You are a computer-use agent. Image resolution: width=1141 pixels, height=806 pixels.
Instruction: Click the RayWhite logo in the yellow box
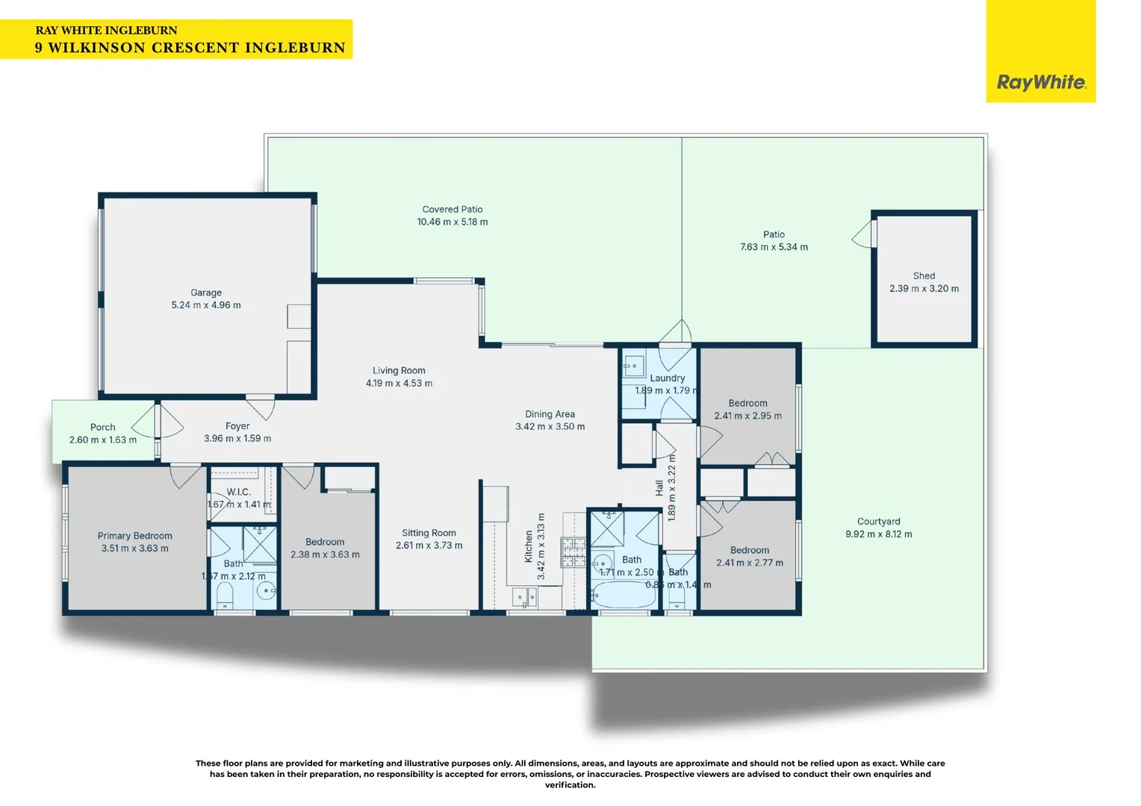pyautogui.click(x=1040, y=82)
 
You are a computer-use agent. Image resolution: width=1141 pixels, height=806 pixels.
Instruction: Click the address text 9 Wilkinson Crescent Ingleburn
pyautogui.click(x=190, y=48)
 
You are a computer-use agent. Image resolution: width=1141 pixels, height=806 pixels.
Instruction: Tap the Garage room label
pyautogui.click(x=206, y=293)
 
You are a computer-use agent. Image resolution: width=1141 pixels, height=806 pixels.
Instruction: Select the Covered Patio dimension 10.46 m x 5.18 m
pyautogui.click(x=453, y=222)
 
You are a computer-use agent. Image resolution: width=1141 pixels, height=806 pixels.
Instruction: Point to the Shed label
pyautogui.click(x=924, y=275)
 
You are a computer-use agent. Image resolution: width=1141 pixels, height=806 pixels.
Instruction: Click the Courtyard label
pyautogui.click(x=878, y=522)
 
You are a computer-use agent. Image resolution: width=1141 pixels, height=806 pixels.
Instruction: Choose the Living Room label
pyautogui.click(x=399, y=370)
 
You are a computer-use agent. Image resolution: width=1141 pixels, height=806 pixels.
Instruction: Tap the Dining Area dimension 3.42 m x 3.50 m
pyautogui.click(x=550, y=427)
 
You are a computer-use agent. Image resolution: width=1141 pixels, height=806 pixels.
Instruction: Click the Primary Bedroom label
pyautogui.click(x=134, y=536)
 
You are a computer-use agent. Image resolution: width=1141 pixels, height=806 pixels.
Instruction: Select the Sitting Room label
pyautogui.click(x=429, y=533)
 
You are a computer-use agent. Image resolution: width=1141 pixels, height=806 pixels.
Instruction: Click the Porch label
pyautogui.click(x=103, y=428)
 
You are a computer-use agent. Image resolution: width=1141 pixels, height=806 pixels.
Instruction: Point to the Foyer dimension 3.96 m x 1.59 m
pyautogui.click(x=237, y=439)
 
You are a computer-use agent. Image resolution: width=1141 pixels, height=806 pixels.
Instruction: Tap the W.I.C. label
pyautogui.click(x=238, y=492)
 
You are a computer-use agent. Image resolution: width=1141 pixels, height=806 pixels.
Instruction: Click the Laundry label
pyautogui.click(x=667, y=378)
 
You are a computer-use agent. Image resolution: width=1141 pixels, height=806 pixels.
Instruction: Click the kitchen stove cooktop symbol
pyautogui.click(x=573, y=552)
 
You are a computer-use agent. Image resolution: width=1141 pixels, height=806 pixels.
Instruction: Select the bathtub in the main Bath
pyautogui.click(x=623, y=595)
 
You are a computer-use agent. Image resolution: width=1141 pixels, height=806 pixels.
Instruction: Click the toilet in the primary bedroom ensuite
pyautogui.click(x=225, y=595)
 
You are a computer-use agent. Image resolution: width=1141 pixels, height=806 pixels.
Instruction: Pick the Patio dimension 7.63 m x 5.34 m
pyautogui.click(x=774, y=247)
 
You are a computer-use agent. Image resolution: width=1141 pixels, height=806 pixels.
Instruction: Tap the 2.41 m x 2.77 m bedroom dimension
pyautogui.click(x=750, y=563)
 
